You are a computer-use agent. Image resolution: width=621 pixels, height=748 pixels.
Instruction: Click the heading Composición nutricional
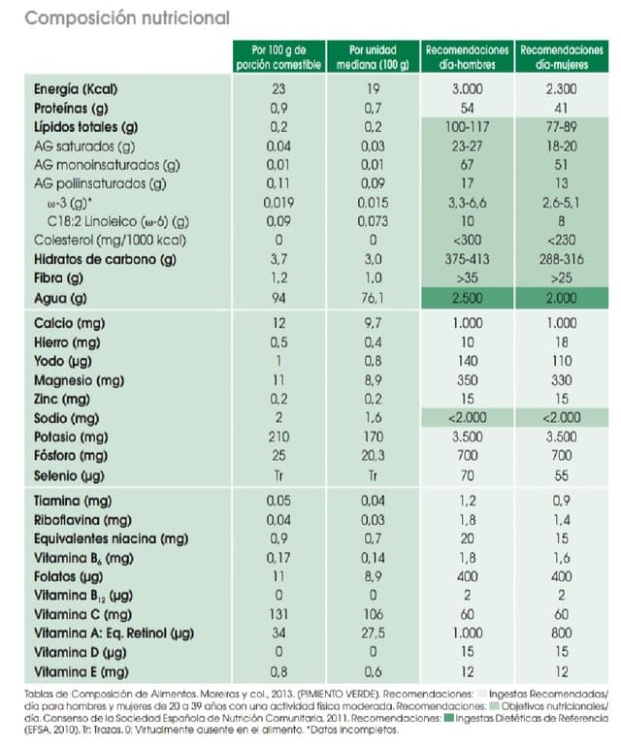(x=126, y=18)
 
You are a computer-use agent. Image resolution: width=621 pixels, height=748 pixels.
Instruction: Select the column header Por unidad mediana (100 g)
(x=373, y=56)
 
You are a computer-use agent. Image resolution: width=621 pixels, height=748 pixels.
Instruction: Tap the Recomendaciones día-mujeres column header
(x=562, y=56)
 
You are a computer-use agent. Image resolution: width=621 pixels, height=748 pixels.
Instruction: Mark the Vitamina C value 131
(x=278, y=614)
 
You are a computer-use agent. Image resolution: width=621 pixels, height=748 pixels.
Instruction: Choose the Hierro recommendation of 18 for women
(x=562, y=341)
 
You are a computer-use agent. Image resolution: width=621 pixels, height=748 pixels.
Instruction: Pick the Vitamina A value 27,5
(x=373, y=633)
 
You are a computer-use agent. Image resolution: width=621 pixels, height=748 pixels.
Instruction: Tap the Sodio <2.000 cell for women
(x=562, y=416)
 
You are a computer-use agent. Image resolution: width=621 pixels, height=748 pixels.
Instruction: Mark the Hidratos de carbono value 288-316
(x=562, y=261)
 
